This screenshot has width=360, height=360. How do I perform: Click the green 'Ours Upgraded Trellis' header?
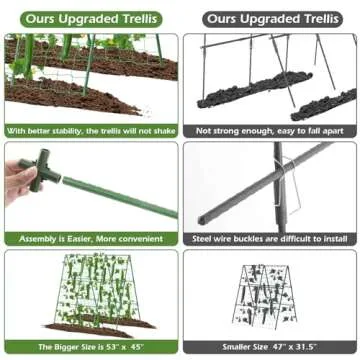91,19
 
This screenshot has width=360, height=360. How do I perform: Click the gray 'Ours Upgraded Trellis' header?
270,19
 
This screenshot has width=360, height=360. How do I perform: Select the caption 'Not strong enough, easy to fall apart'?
270,130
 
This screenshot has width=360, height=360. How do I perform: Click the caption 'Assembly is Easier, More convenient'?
91,239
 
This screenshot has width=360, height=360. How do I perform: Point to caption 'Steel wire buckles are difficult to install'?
270,239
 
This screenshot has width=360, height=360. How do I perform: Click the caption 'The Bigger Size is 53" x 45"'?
91,346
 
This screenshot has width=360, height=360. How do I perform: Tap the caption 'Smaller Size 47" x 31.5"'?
270,346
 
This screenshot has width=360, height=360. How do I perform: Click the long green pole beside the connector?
120,195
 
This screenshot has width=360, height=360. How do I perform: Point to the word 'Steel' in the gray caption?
205,239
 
